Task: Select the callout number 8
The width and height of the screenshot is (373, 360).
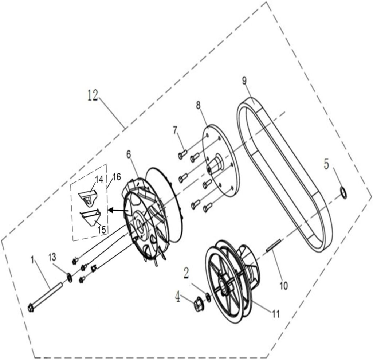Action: tap(198, 106)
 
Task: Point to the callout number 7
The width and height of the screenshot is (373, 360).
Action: tap(175, 130)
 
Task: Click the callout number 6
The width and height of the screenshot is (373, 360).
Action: tap(129, 154)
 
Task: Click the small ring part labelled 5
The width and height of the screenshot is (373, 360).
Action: tap(343, 192)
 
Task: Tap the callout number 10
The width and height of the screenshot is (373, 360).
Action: tap(284, 285)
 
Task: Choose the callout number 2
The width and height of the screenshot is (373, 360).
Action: tap(186, 272)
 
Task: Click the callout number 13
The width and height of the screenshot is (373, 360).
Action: tap(53, 257)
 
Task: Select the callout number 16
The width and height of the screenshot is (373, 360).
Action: tap(117, 177)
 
